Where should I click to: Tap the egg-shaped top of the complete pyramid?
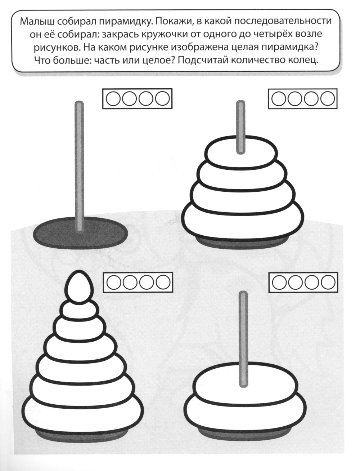point(79,285)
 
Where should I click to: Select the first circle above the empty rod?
point(113,99)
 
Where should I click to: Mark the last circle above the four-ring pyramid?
point(328,99)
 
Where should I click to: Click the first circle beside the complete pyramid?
point(114,283)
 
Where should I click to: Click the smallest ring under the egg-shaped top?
point(79,311)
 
